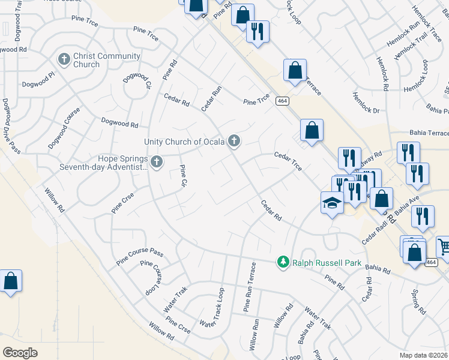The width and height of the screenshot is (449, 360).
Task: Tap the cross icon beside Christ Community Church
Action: pyautogui.click(x=64, y=59)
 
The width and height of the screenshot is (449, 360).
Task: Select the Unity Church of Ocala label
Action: pyautogui.click(x=184, y=142)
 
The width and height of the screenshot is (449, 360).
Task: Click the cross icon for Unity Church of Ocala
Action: pyautogui.click(x=234, y=142)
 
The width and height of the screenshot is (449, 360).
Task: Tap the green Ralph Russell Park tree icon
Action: pyautogui.click(x=283, y=262)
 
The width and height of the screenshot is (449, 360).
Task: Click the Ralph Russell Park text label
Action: pyautogui.click(x=319, y=262)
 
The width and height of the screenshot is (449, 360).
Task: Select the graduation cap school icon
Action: pyautogui.click(x=332, y=203)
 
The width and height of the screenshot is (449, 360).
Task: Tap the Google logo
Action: pyautogui.click(x=20, y=352)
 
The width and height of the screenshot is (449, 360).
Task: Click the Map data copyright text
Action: pyautogui.click(x=423, y=355)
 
